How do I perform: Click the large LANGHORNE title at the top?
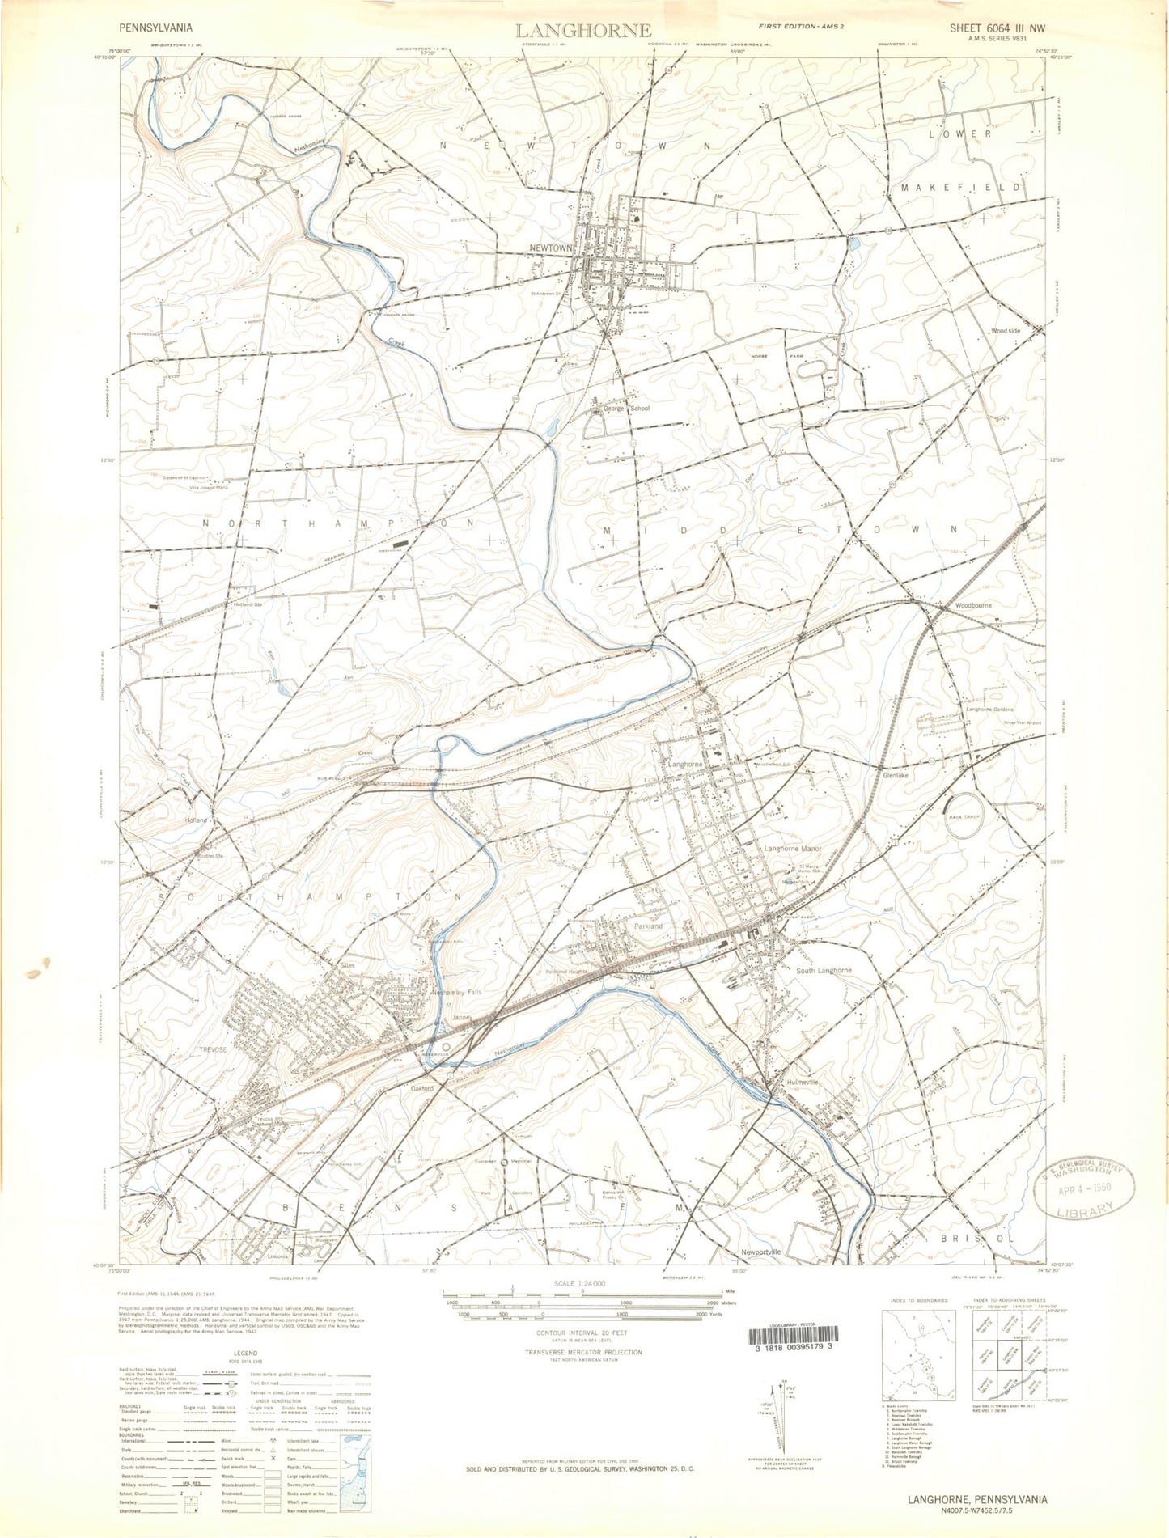583,31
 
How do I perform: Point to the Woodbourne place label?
972,605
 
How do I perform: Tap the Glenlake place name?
896,775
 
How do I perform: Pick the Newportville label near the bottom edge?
761,1252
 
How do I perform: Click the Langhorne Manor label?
793,849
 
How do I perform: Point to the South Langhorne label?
824,970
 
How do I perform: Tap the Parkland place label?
648,926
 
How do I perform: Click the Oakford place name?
421,1088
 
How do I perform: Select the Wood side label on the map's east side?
1006,331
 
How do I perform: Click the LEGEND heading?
245,1354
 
